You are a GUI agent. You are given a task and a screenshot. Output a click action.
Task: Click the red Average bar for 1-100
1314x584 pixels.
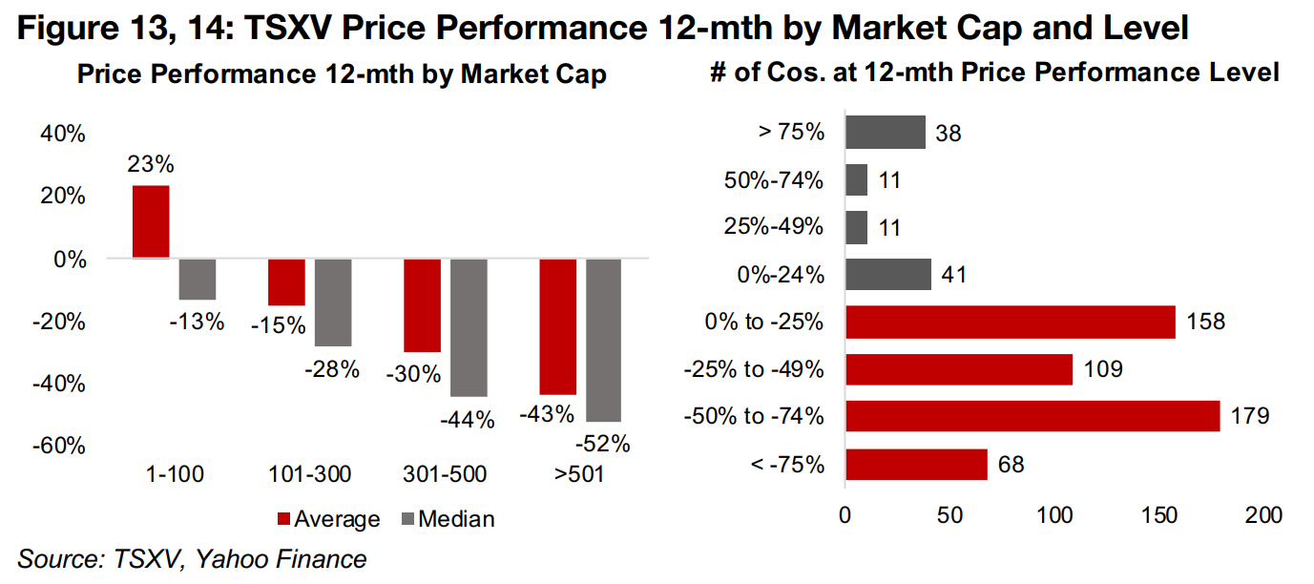pos(151,221)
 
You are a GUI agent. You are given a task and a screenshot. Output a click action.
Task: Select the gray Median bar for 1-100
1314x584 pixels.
pos(198,279)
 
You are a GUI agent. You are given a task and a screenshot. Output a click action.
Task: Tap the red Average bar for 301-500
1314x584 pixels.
pos(423,305)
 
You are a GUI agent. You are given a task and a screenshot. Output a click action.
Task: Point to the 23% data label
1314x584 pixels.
pos(150,165)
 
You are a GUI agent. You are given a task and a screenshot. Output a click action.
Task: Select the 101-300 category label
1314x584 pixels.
pos(310,473)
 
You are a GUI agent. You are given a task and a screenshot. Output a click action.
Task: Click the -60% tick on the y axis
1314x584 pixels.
pos(61,446)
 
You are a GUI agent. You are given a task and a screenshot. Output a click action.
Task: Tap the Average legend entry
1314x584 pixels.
pos(327,519)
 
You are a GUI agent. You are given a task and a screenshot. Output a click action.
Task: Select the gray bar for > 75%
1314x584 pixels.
pos(886,132)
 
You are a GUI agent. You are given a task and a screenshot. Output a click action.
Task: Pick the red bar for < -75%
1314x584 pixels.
pos(917,465)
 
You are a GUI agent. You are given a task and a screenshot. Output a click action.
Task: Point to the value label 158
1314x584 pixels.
pos(1205,323)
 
